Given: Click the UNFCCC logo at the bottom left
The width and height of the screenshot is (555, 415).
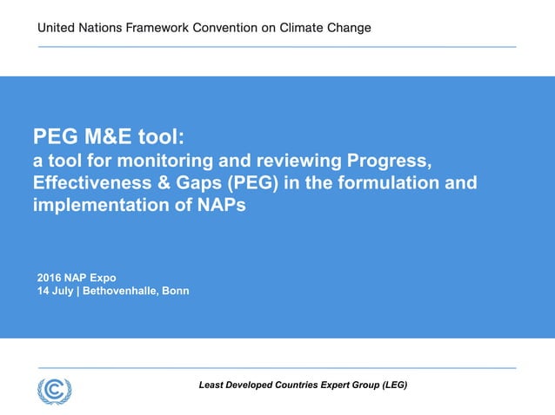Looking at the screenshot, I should pos(55,390).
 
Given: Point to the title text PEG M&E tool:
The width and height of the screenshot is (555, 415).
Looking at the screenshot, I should pos(110,136).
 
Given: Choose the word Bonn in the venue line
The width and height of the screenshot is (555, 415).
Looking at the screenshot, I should pos(176,291).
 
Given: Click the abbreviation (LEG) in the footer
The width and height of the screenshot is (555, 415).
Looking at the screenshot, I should pos(390,385).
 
